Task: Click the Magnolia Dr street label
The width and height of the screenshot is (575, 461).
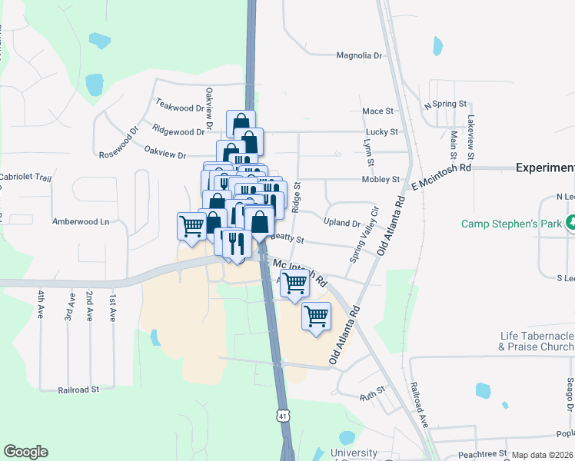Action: pyautogui.click(x=359, y=55)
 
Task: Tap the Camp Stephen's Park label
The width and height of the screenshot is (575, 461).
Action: pyautogui.click(x=511, y=224)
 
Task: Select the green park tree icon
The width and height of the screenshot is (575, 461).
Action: pyautogui.click(x=570, y=224)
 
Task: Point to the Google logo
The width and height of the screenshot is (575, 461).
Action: pyautogui.click(x=25, y=452)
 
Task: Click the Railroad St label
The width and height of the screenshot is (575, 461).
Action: pyautogui.click(x=78, y=390)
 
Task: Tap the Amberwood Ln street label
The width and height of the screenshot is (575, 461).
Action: pyautogui.click(x=80, y=221)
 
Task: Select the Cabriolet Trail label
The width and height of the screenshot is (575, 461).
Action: pyautogui.click(x=25, y=177)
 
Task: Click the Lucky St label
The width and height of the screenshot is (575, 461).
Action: pyautogui.click(x=382, y=132)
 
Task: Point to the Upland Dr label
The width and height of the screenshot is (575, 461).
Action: pyautogui.click(x=342, y=224)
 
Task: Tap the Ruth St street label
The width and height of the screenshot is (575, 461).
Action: pyautogui.click(x=372, y=397)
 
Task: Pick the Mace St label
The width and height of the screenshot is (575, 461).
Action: pyautogui.click(x=377, y=111)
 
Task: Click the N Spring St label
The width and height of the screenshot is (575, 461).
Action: pyautogui.click(x=446, y=104)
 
